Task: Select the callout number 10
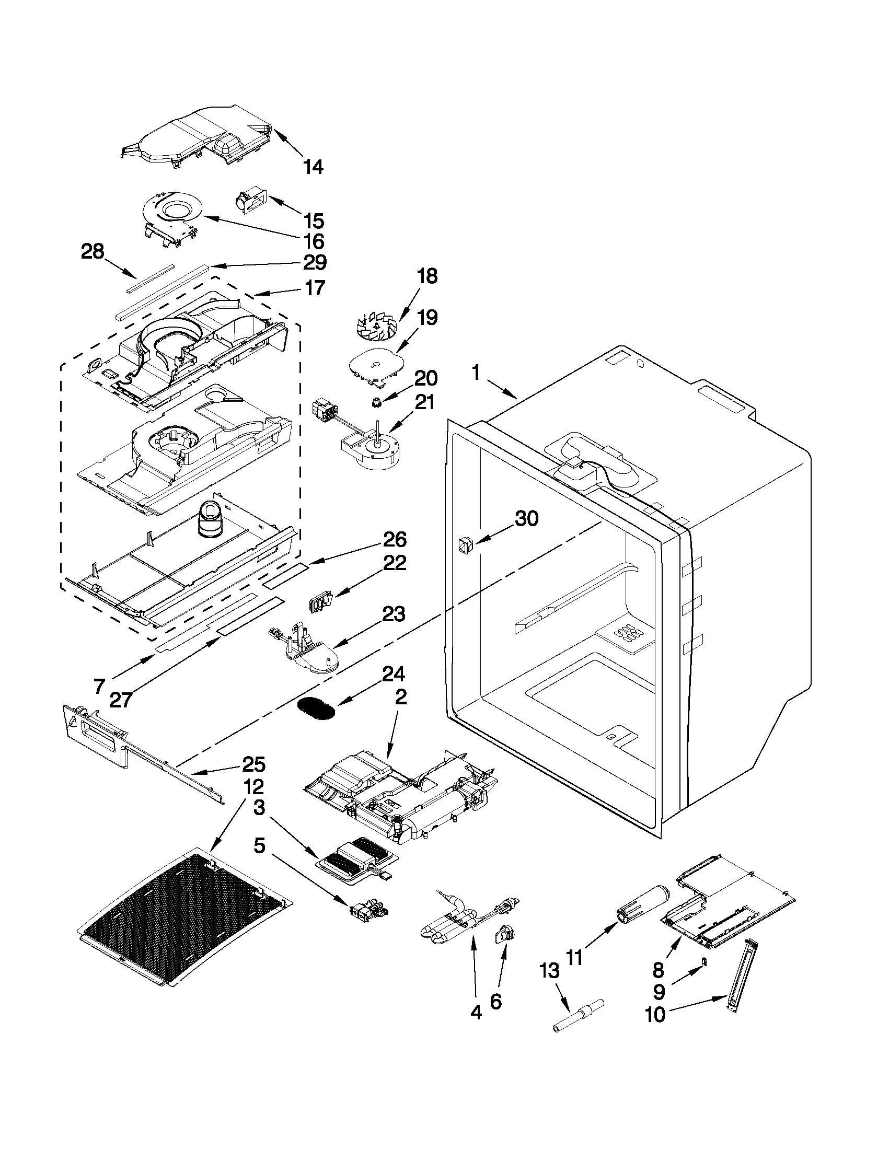pyautogui.click(x=656, y=1014)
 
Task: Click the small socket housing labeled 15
pyautogui.click(x=251, y=203)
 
